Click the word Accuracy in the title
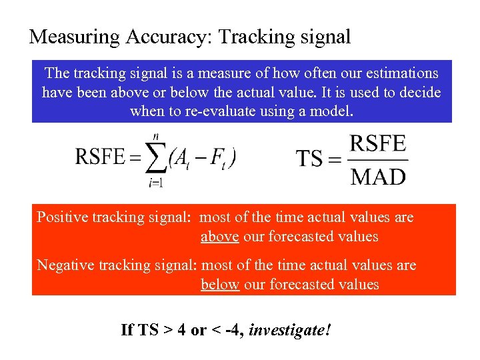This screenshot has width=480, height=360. (x=167, y=37)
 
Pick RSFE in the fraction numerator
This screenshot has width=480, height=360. (x=378, y=144)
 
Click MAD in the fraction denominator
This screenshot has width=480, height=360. (x=378, y=176)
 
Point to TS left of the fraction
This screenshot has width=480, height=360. (x=309, y=159)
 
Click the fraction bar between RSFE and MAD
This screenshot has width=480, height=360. (x=378, y=160)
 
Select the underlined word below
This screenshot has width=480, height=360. (x=220, y=284)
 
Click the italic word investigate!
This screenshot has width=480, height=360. (x=289, y=330)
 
